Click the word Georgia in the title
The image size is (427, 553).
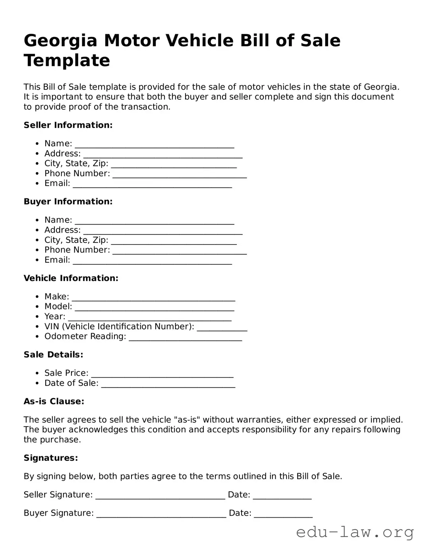[60, 41]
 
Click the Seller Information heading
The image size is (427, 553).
[68, 125]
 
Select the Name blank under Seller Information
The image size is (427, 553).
[155, 145]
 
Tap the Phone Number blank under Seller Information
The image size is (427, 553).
[180, 175]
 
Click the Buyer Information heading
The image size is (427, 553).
[68, 202]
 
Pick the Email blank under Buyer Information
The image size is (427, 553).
[152, 261]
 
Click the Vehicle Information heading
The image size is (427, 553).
[71, 278]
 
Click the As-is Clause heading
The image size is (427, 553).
[54, 402]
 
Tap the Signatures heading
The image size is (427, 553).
[50, 458]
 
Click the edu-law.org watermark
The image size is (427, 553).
[355, 532]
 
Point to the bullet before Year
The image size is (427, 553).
[37, 317]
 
